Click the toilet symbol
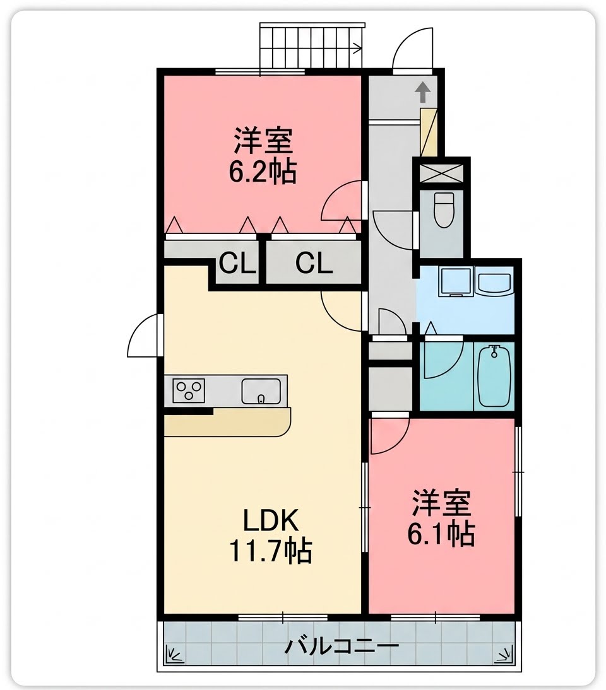444,210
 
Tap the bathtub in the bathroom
494,377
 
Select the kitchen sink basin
261,391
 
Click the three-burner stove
189,390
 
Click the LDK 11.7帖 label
270,535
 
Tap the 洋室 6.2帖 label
263,155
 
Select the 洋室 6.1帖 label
441,517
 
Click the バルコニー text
342,646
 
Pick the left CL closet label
238,264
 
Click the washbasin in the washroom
494,282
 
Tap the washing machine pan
456,282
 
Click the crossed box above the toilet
441,173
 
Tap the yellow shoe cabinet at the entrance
429,132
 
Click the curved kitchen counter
228,422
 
